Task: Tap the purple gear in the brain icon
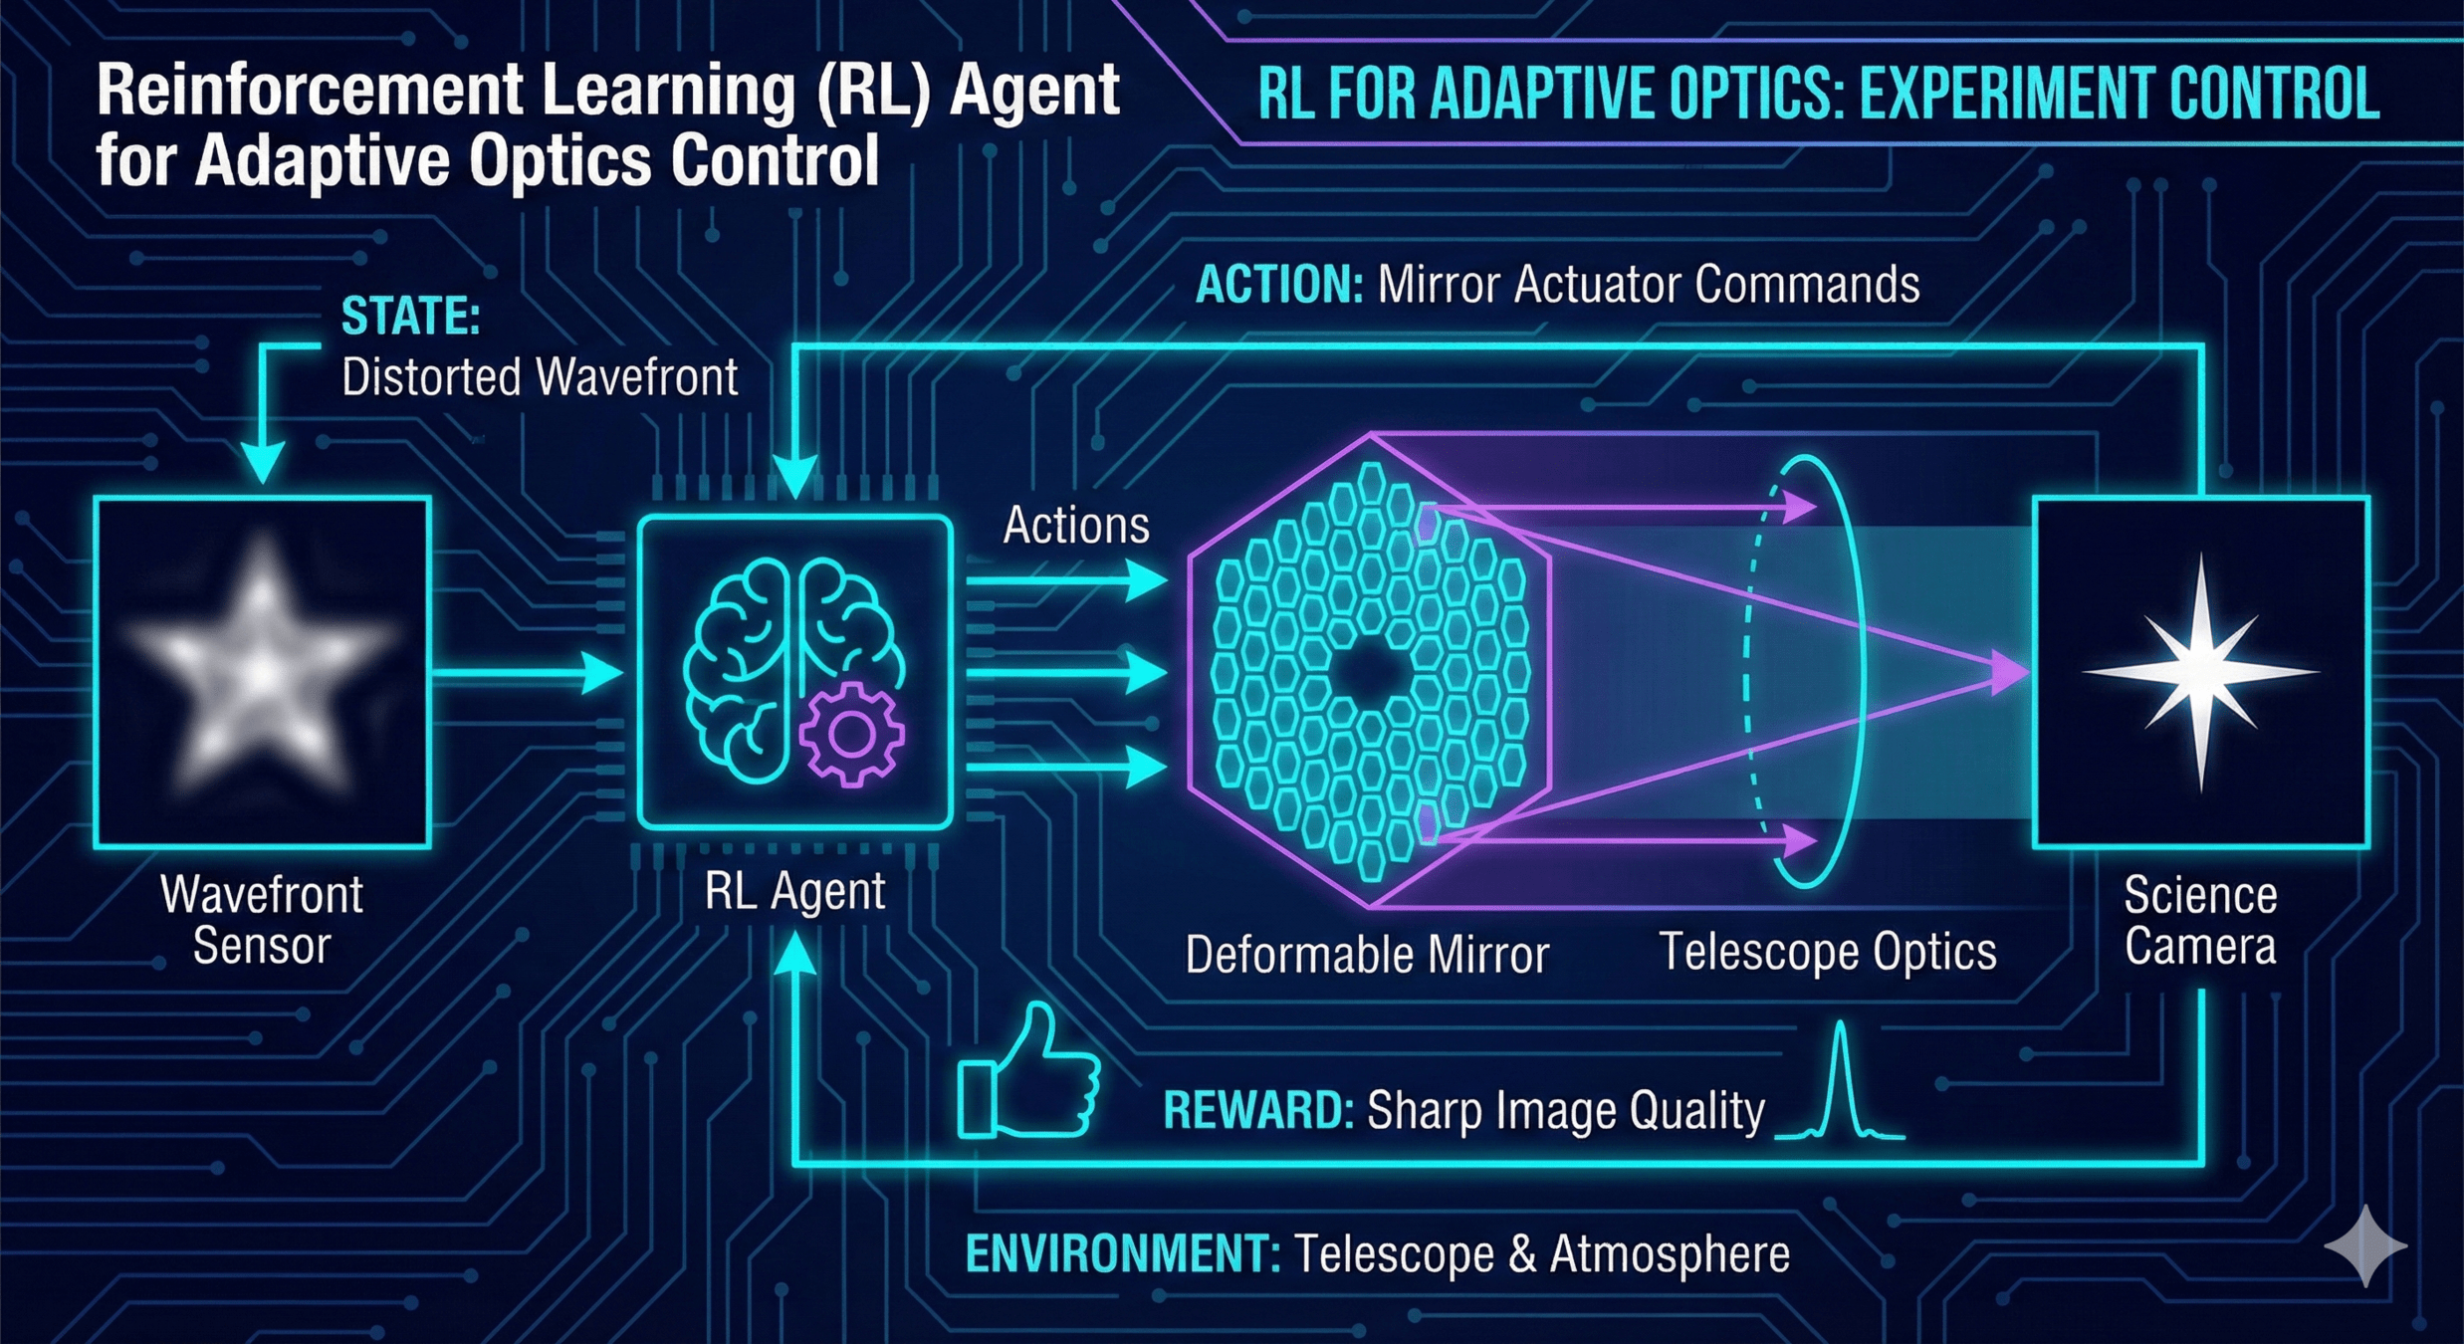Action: (x=851, y=735)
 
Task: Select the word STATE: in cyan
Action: (x=410, y=317)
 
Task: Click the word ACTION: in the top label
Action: (x=1278, y=285)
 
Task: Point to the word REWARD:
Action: (x=1257, y=1110)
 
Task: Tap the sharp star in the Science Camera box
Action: (x=2199, y=671)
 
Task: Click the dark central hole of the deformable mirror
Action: (x=1370, y=673)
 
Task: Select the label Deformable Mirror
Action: (x=1367, y=954)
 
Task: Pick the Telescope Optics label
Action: (x=1827, y=951)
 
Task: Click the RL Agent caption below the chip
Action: (x=794, y=891)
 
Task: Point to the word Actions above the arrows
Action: (x=1075, y=525)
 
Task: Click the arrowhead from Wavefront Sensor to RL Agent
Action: (x=601, y=673)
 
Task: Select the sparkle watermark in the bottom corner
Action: (x=2365, y=1244)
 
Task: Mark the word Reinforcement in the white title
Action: (x=310, y=92)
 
